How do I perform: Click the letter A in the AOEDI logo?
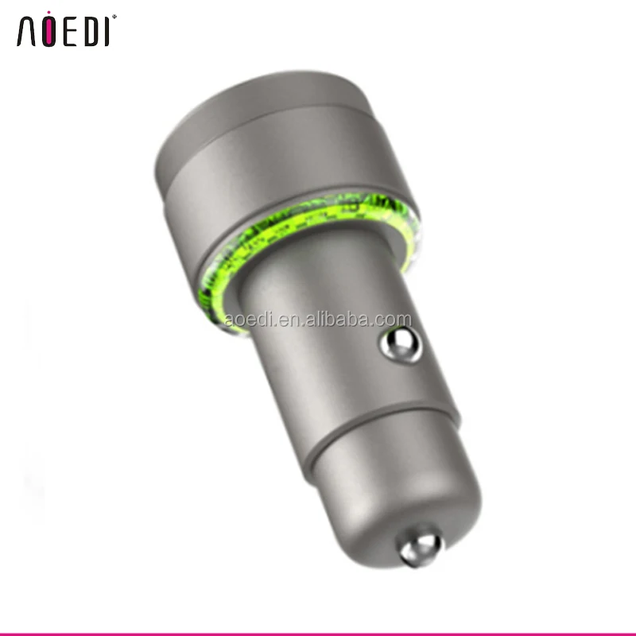point(26,31)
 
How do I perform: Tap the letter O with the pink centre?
point(48,32)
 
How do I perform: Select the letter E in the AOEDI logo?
point(70,31)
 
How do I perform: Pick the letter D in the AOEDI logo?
point(91,31)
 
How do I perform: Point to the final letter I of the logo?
point(107,31)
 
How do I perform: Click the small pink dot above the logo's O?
point(48,13)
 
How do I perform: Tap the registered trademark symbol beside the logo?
point(114,17)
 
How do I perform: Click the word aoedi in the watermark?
point(247,320)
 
